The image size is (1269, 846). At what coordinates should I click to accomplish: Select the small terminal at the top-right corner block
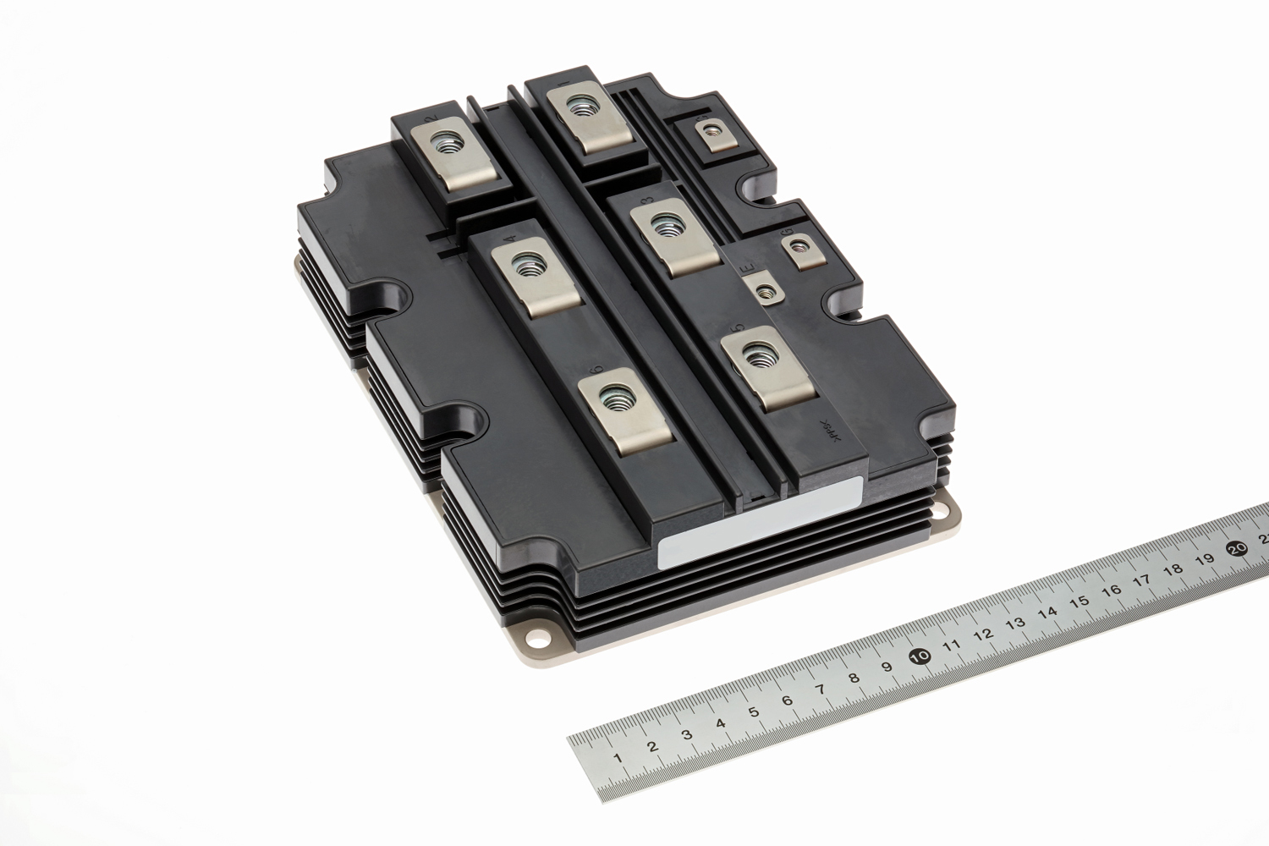click(x=709, y=131)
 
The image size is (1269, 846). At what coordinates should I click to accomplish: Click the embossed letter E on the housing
click(x=747, y=270)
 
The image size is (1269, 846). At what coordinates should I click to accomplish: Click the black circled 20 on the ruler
click(x=1238, y=548)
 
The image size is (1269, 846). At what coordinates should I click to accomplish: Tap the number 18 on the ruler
click(x=1173, y=569)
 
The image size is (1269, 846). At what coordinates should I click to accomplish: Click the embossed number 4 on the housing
click(x=509, y=239)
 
